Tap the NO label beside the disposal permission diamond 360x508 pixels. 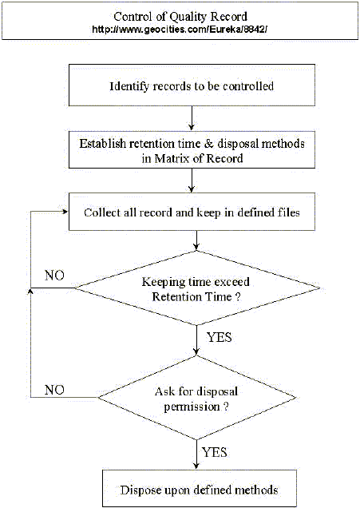55,389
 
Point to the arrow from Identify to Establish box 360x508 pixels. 192,117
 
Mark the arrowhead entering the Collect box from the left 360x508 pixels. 64,212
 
